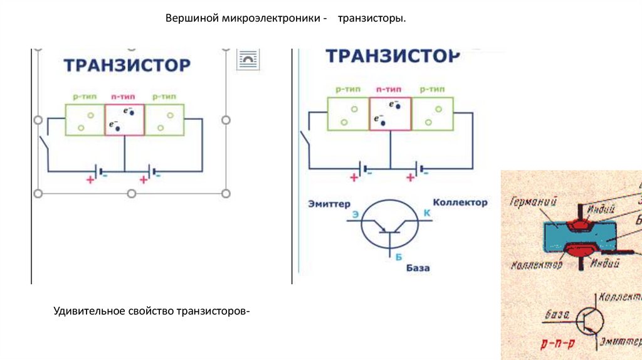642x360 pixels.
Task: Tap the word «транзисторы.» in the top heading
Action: point(372,19)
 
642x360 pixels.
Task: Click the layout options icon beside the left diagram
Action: point(248,60)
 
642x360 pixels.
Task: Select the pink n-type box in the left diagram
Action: point(124,120)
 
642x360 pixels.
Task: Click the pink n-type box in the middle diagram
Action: point(390,114)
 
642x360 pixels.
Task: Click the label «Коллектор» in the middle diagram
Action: point(460,203)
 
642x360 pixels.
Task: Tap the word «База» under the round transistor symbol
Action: point(418,268)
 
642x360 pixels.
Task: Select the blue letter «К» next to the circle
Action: point(428,213)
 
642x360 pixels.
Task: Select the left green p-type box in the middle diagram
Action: point(348,114)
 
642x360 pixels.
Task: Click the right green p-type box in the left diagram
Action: point(164,120)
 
